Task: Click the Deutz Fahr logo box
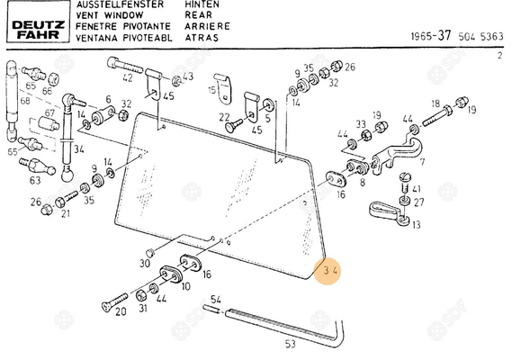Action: (x=38, y=22)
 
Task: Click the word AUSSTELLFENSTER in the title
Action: (x=120, y=4)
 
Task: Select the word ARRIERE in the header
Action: (x=207, y=26)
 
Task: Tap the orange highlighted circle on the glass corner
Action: (x=328, y=271)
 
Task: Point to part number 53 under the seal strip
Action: (x=290, y=343)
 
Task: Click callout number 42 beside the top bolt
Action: (x=128, y=77)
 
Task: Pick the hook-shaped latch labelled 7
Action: (x=397, y=156)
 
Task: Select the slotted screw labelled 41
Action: (x=405, y=183)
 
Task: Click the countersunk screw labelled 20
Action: (x=114, y=301)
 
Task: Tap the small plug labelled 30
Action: (x=150, y=253)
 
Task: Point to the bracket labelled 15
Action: (x=223, y=89)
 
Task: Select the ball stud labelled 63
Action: (x=37, y=166)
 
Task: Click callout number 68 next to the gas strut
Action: (x=25, y=101)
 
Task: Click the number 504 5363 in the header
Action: (x=481, y=36)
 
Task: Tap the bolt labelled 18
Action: (x=436, y=117)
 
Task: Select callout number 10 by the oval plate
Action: (x=185, y=286)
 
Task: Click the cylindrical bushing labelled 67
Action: (x=49, y=123)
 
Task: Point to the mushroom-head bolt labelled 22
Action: (x=234, y=126)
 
